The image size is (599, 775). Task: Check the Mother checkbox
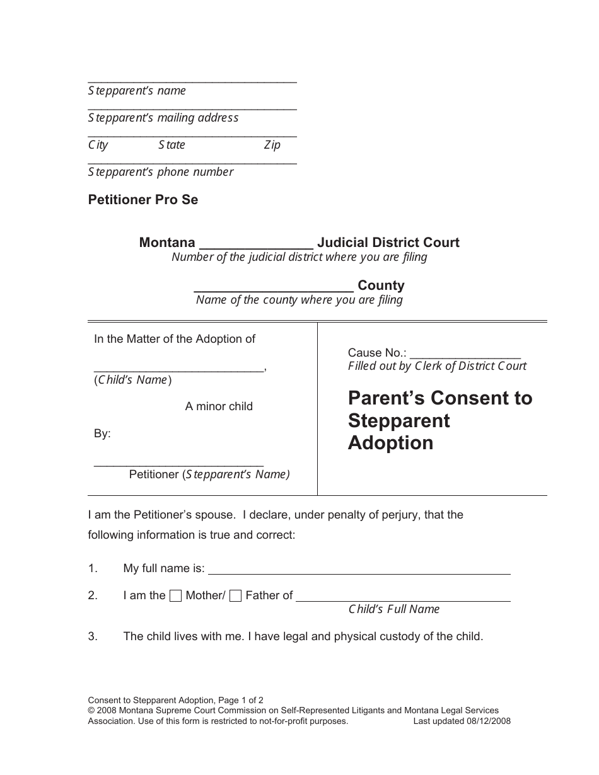[x=177, y=596]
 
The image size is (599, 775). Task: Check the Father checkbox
[x=235, y=596]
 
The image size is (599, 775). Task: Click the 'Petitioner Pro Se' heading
[x=143, y=200]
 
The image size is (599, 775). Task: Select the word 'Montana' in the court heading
[x=167, y=243]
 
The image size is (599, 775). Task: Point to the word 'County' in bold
[x=381, y=285]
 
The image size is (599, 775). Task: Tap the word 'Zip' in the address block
[x=272, y=145]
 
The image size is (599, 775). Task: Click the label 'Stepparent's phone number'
[x=161, y=172]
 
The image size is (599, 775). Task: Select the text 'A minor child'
[x=219, y=406]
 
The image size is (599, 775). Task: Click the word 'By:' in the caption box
[x=102, y=433]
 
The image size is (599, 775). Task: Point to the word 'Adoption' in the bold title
[x=390, y=443]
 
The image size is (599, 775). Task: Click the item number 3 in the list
[x=93, y=636]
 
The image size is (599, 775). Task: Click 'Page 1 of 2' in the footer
[x=240, y=699]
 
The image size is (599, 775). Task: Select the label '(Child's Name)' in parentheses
[x=133, y=380]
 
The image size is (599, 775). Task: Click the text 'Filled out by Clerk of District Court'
[x=437, y=366]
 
